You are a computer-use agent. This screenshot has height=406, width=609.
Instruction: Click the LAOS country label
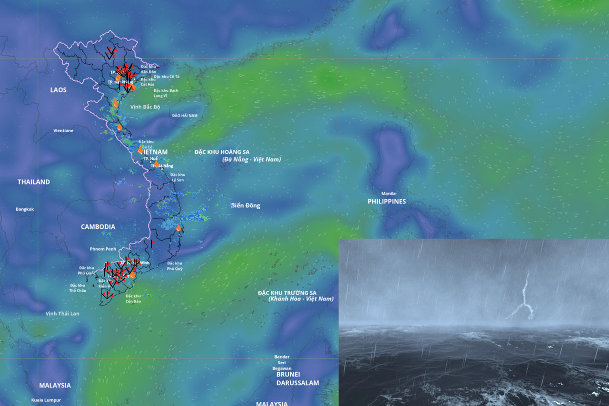(59, 90)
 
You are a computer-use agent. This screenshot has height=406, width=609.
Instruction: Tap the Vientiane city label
(63, 130)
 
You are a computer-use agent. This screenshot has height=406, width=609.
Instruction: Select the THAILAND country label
(34, 182)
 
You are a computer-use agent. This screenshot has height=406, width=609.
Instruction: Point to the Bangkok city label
(25, 209)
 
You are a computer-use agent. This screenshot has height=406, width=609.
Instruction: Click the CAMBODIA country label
(98, 227)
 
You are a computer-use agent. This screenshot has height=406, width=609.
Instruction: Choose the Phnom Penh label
(103, 249)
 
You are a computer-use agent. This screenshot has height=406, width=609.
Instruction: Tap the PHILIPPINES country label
(387, 202)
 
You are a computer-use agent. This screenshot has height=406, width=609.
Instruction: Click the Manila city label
(388, 193)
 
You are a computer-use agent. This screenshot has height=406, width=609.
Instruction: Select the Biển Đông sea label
(246, 206)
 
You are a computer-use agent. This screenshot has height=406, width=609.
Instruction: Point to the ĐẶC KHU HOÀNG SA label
(222, 152)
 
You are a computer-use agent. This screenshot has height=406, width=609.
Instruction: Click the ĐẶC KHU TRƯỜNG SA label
(287, 293)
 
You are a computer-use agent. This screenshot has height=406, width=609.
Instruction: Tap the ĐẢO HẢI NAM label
(185, 116)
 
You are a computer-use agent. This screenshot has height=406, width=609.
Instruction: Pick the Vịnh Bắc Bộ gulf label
(146, 107)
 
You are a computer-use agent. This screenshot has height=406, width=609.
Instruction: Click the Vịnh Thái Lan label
(63, 314)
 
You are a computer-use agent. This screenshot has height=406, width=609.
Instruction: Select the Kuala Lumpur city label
(46, 400)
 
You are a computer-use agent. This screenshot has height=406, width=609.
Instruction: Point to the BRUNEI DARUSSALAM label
(298, 378)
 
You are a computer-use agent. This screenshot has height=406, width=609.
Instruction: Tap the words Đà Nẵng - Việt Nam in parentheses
(252, 160)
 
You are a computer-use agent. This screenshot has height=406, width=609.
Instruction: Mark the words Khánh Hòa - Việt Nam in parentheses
(301, 299)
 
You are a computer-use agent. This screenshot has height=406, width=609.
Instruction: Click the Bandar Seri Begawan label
(282, 362)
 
